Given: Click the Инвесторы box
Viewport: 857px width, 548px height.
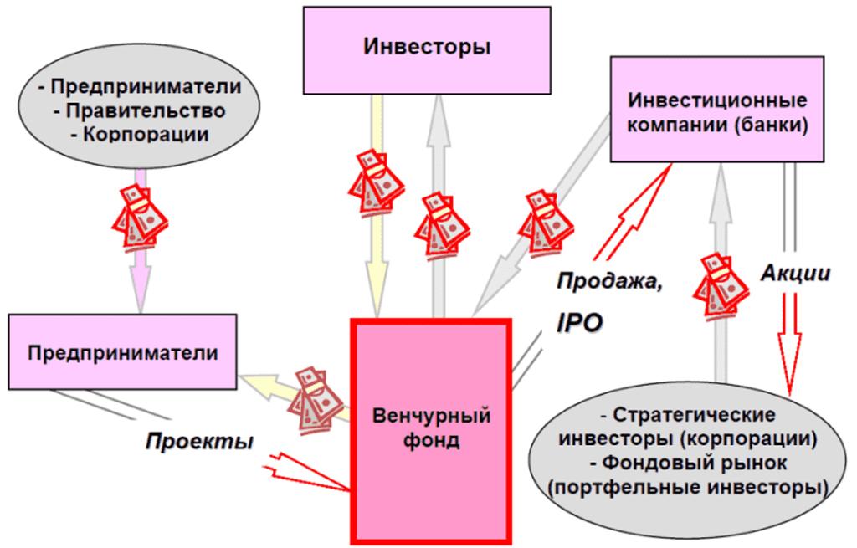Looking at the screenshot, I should [x=428, y=47].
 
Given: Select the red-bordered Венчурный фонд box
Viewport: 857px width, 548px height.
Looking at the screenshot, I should [x=432, y=427].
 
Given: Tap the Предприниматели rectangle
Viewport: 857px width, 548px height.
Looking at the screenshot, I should [x=123, y=352].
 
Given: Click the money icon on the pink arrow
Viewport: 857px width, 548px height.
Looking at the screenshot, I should [x=139, y=217].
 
